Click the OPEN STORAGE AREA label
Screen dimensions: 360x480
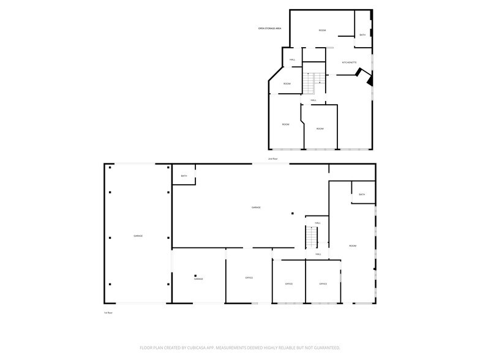coord(269,29)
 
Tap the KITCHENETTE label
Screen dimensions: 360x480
coord(349,62)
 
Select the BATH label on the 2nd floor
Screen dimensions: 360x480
coord(362,35)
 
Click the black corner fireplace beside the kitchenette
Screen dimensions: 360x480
coord(369,79)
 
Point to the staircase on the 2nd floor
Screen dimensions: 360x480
coord(314,79)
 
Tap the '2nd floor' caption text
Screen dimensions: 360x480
coord(272,159)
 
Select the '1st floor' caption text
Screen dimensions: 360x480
coord(108,313)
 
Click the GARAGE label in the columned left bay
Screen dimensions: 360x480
coord(138,236)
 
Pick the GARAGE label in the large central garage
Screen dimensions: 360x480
coord(256,208)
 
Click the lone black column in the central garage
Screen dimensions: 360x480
coord(293,214)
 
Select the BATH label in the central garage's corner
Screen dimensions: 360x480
coord(184,176)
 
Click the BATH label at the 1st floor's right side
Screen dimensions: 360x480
coord(362,195)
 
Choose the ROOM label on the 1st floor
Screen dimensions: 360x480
coord(353,246)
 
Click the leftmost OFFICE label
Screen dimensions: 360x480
coord(249,278)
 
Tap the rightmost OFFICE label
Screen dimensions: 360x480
coord(323,284)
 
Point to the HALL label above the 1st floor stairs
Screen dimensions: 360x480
coord(317,223)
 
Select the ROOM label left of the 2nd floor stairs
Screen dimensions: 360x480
coord(287,83)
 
